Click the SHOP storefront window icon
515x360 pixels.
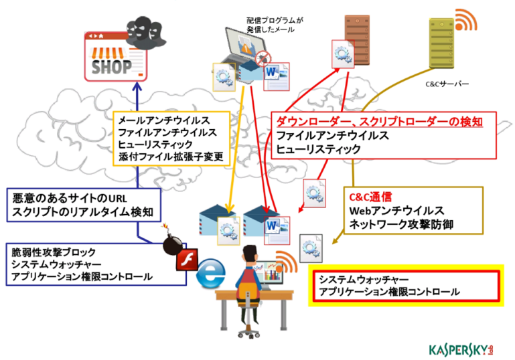115,56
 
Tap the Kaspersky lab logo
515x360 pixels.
461,350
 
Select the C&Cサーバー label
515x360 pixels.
447,84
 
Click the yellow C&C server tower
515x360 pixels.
442,43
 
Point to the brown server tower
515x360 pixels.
358,39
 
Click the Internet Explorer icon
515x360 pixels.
210,274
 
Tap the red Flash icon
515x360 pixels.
187,259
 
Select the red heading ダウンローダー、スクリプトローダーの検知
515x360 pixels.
379,122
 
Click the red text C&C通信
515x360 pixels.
370,197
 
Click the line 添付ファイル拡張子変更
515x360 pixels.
171,157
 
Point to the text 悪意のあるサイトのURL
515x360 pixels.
69,198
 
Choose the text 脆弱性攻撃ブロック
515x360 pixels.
54,252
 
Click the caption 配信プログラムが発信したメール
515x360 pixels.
275,25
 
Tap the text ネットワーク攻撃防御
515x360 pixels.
401,224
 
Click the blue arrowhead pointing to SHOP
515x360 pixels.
137,86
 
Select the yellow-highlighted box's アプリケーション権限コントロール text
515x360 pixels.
389,292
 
